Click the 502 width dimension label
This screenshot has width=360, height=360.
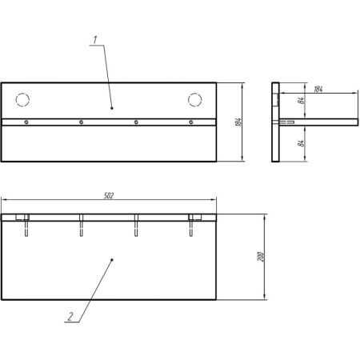109,196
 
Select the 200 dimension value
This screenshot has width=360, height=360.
261,257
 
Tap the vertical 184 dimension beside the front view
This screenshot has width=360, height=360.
238,122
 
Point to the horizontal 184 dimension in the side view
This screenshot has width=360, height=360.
318,89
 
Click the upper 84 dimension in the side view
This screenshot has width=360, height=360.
301,101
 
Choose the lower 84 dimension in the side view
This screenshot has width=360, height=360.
301,143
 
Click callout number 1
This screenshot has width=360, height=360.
95,40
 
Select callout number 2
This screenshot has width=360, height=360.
70,317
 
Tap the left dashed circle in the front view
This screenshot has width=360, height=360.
22,100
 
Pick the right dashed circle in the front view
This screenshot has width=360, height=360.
194,100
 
